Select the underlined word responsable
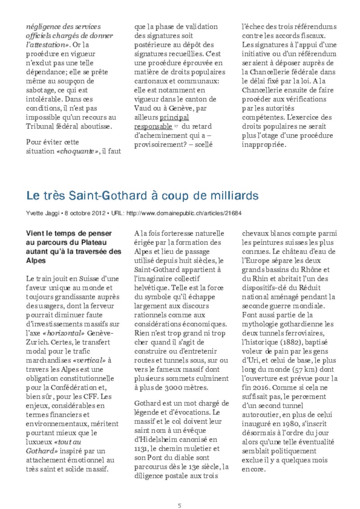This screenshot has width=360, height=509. (153, 127)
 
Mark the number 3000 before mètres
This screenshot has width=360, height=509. (167, 387)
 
